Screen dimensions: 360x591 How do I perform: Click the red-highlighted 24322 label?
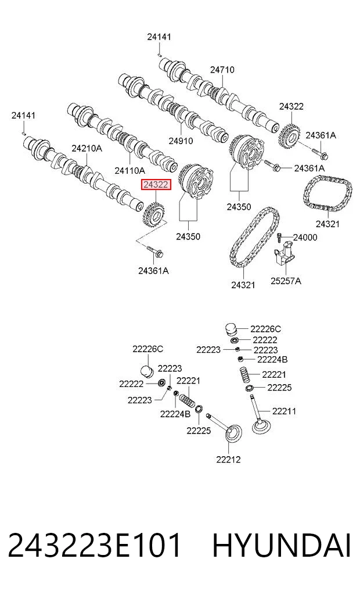tap(156, 185)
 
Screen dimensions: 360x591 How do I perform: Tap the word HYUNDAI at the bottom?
tap(282, 546)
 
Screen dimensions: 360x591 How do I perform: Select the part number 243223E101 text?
tap(94, 546)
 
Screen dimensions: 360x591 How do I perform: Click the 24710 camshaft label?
tap(222, 70)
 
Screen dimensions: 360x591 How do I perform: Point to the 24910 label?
tap(181, 141)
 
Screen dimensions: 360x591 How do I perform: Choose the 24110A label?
tap(130, 171)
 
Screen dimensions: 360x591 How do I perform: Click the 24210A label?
tap(87, 149)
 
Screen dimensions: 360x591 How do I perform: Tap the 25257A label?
tap(286, 281)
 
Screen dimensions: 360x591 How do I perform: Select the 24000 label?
tap(305, 238)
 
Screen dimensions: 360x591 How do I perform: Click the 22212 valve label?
tap(228, 460)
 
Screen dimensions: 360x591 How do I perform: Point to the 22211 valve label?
tap(284, 411)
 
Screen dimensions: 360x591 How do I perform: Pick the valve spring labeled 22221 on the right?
tap(247, 375)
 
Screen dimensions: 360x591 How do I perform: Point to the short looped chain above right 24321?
tap(327, 196)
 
